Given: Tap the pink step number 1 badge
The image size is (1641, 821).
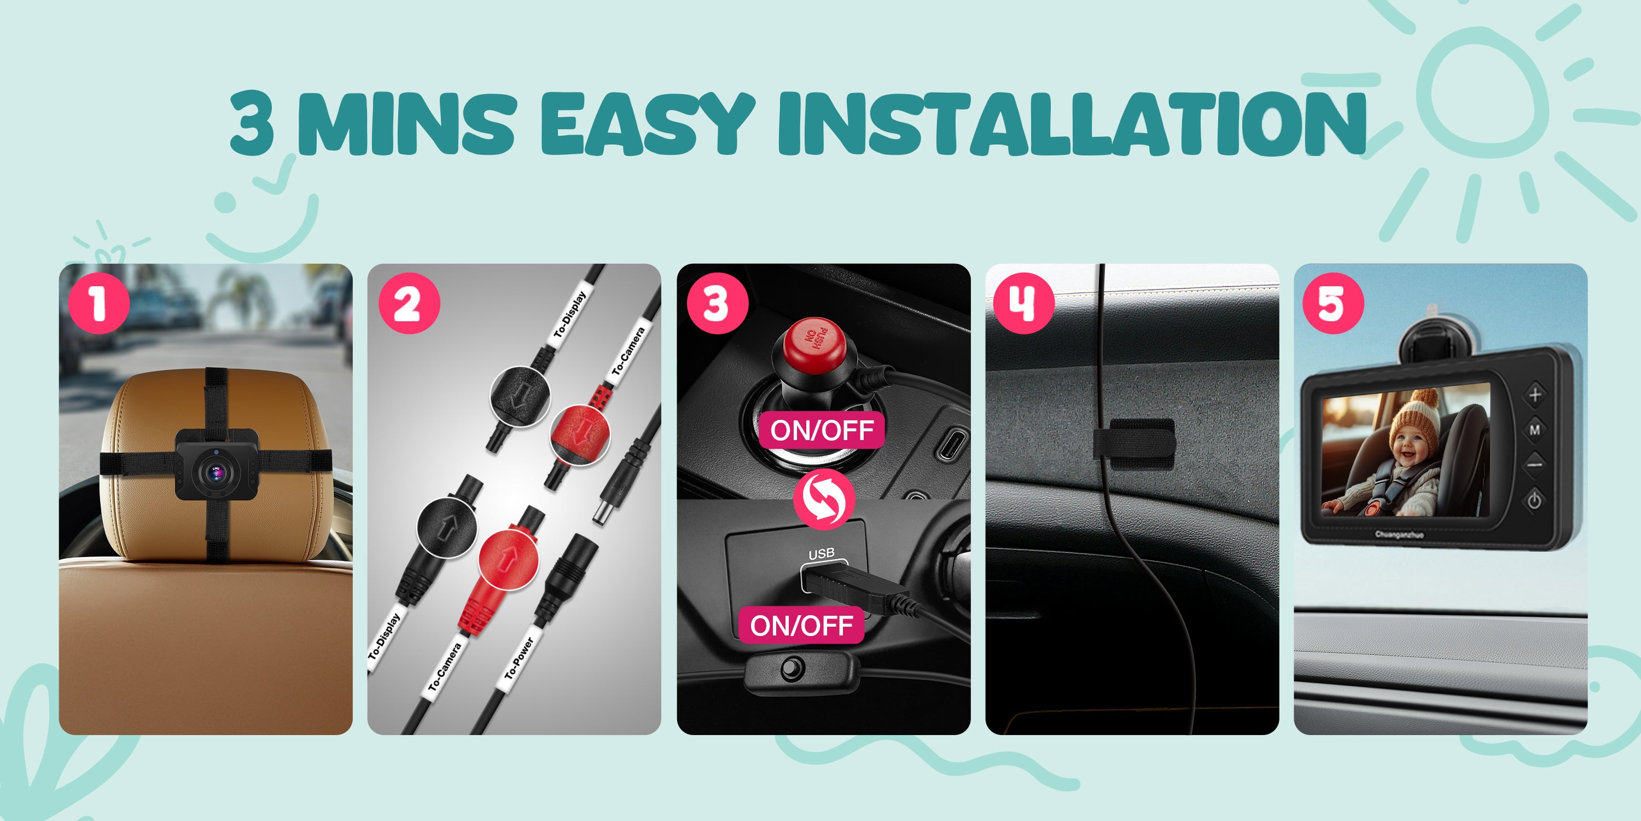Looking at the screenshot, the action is click(99, 303).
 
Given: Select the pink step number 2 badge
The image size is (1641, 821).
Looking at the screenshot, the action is click(409, 303).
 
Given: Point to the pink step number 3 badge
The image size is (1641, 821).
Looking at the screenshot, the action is click(717, 303).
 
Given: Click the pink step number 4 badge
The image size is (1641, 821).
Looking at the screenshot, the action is click(1024, 303).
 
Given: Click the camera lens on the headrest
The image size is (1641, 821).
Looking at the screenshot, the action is click(217, 473).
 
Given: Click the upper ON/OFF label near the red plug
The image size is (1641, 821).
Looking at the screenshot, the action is click(822, 430).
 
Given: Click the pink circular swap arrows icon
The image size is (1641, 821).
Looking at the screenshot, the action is click(824, 499).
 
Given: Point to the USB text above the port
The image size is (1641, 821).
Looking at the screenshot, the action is click(821, 553).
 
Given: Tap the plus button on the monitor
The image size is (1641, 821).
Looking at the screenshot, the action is click(1535, 395).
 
